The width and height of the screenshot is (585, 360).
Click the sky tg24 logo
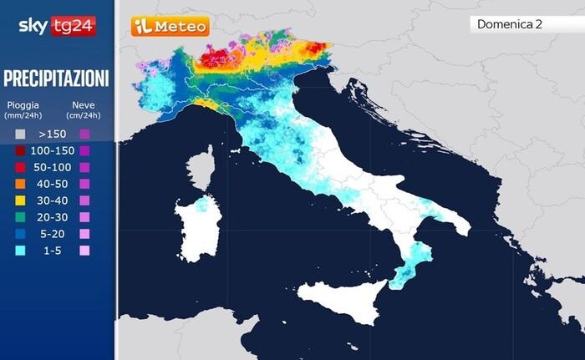(56, 25)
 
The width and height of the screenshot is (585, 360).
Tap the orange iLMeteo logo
(170, 26)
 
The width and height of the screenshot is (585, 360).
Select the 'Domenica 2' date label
(510, 24)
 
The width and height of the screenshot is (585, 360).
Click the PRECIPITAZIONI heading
(56, 79)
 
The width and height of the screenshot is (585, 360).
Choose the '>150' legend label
(52, 134)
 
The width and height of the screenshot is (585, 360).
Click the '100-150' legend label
(52, 150)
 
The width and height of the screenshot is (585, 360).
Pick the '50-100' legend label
(52, 167)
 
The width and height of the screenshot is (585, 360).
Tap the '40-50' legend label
(52, 184)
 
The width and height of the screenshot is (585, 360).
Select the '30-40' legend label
(52, 200)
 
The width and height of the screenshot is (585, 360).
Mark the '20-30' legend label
(52, 217)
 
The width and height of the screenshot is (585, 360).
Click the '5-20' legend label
(52, 234)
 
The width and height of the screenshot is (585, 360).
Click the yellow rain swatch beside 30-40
(19, 200)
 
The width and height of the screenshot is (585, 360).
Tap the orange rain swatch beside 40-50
(19, 184)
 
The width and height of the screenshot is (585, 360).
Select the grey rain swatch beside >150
(19, 134)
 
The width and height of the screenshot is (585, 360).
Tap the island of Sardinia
(198, 227)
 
